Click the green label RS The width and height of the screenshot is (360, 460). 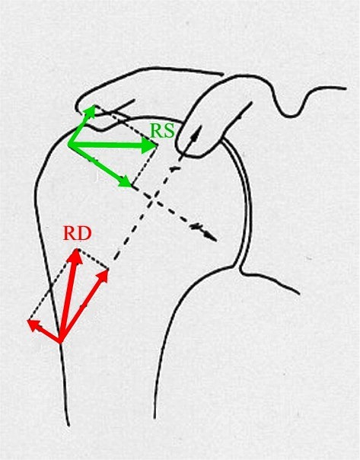162,131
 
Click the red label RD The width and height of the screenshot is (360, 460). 78,234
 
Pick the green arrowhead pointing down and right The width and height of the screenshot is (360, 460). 126,181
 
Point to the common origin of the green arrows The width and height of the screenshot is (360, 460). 69,143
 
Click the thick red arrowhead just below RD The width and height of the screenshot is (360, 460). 77,255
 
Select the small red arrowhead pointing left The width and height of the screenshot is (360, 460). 33,324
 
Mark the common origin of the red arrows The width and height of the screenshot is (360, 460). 60,342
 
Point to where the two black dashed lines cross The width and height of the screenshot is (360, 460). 153,200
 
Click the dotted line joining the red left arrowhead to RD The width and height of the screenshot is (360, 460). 53,285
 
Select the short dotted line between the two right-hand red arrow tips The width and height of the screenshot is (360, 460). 93,259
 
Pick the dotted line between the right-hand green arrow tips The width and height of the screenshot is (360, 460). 145,166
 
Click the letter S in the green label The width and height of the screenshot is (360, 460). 169,131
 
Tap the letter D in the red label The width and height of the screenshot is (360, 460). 84,234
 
